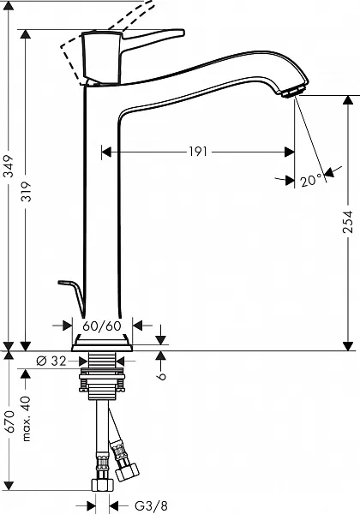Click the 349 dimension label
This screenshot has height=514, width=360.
click(x=9, y=166)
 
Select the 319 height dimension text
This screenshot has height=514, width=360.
click(x=26, y=191)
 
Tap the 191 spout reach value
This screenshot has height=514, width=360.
click(x=198, y=152)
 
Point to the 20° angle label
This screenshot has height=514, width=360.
click(x=311, y=180)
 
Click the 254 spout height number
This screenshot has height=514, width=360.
click(x=348, y=222)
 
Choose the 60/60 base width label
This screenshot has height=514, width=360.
click(x=102, y=326)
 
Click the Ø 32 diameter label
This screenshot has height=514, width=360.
click(x=51, y=361)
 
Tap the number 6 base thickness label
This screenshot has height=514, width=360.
click(x=161, y=376)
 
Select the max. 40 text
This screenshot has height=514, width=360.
click(x=27, y=419)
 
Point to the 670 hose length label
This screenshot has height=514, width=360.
click(x=9, y=421)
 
